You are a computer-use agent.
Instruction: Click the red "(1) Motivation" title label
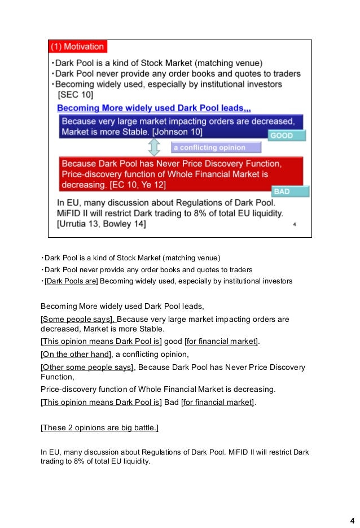pos(77,46)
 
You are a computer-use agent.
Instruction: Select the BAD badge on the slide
pos(291,191)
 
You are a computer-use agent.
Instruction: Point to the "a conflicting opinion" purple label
pos(216,148)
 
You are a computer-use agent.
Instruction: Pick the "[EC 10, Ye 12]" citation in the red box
pos(144,184)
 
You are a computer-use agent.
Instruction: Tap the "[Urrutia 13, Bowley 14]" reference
pos(102,224)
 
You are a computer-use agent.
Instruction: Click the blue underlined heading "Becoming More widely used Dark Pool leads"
pos(153,108)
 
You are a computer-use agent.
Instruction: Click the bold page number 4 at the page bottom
pos(352,520)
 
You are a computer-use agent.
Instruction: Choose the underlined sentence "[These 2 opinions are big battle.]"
pos(99,427)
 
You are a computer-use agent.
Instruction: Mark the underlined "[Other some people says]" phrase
pos(87,367)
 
